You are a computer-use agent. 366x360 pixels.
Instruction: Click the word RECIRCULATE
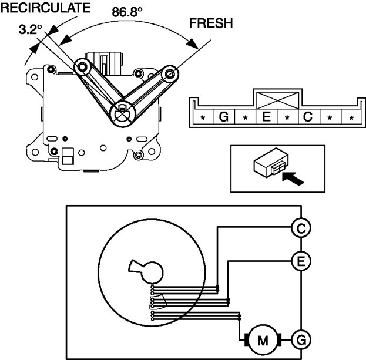pyautogui.click(x=45, y=8)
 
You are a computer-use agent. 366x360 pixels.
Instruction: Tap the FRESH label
pyautogui.click(x=211, y=23)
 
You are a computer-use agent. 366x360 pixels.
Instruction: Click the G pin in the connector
pyautogui.click(x=223, y=117)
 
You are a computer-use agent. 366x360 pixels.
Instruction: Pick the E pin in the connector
pyautogui.click(x=266, y=117)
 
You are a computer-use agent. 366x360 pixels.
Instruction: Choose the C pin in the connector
pyautogui.click(x=308, y=117)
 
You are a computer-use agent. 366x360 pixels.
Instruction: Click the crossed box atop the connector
pyautogui.click(x=276, y=99)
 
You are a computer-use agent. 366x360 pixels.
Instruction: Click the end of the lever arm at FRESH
pyautogui.click(x=171, y=74)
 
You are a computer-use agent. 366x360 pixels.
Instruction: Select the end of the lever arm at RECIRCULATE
pyautogui.click(x=81, y=68)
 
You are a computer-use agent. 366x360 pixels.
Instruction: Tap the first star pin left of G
pyautogui.click(x=202, y=117)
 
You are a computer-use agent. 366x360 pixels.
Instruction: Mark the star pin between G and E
pyautogui.click(x=244, y=117)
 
